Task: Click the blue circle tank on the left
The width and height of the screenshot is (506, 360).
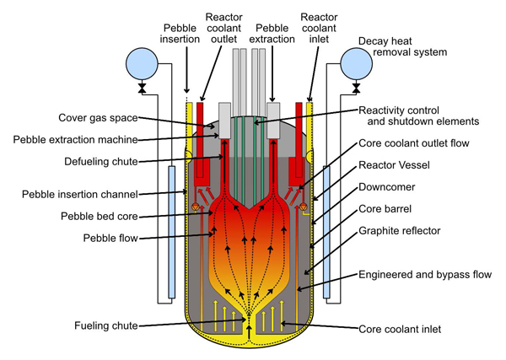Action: coord(142,62)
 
